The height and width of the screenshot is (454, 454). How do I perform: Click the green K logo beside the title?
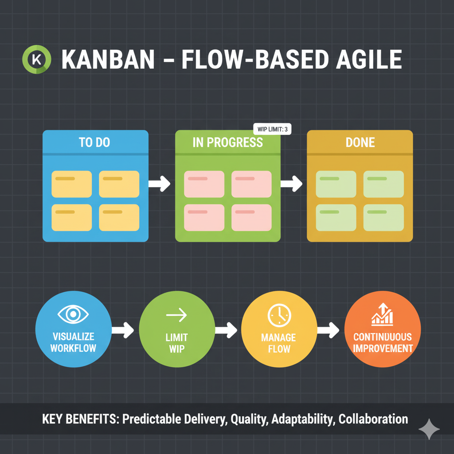click(x=37, y=60)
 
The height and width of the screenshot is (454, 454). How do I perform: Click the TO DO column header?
click(x=94, y=142)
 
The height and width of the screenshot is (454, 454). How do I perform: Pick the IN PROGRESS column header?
click(x=227, y=142)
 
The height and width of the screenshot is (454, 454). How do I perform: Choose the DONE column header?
click(x=360, y=142)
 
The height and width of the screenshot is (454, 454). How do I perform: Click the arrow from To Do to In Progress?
click(x=159, y=184)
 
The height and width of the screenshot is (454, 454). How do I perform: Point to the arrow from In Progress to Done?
click(x=291, y=184)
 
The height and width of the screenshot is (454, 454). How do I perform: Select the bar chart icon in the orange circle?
click(x=382, y=314)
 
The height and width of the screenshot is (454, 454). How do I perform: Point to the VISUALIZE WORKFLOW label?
click(x=73, y=342)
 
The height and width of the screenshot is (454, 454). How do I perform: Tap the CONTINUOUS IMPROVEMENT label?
click(x=382, y=342)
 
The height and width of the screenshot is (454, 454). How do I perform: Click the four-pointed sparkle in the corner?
click(x=429, y=429)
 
